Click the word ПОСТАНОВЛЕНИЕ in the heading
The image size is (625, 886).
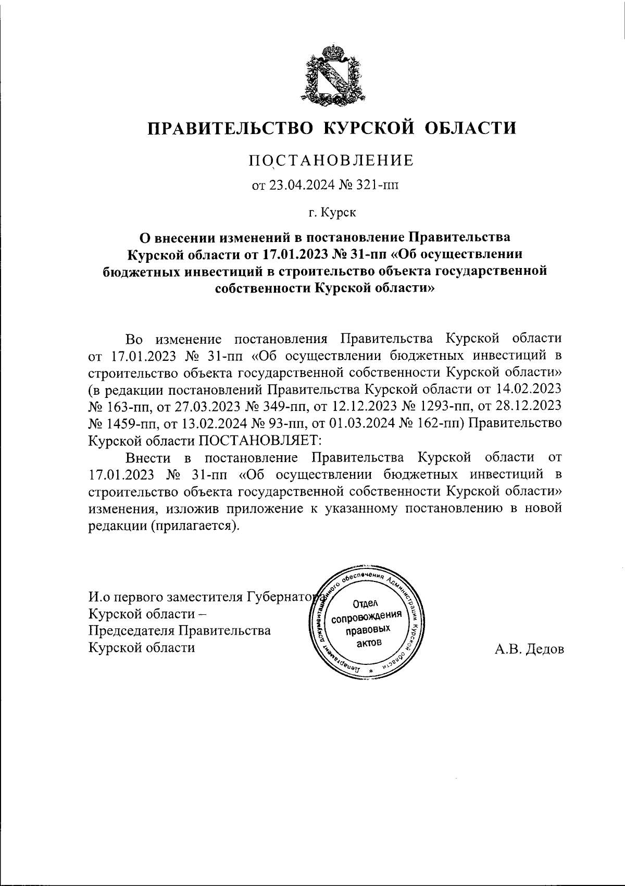pos(331,160)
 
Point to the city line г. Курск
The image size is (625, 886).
pos(332,212)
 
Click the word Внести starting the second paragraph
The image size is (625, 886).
pos(148,457)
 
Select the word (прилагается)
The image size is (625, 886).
pos(195,525)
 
